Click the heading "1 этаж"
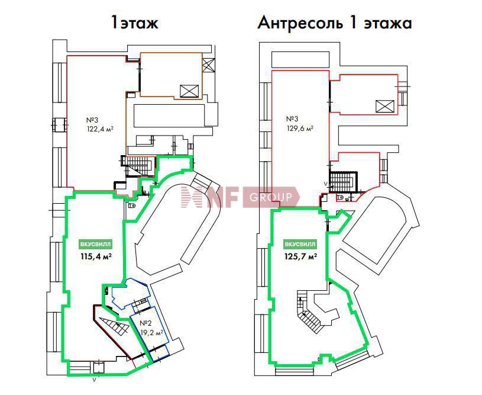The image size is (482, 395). (135, 23)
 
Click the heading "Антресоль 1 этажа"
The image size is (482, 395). (335, 23)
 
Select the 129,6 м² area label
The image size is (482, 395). (300, 129)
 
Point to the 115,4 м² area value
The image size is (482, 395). (96, 256)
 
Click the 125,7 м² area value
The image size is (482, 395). (301, 256)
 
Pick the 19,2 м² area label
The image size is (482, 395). (152, 333)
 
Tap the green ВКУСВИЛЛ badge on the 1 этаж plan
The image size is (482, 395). (96, 245)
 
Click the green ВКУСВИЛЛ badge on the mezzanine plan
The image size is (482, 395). (300, 245)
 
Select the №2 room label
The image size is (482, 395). (145, 323)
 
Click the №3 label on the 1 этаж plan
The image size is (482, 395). (92, 120)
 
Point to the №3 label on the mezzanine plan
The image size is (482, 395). (292, 119)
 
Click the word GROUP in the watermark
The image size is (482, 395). (270, 197)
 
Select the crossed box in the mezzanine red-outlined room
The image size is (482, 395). (385, 107)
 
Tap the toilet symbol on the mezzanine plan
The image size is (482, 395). (340, 197)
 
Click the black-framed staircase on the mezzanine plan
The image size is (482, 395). (344, 182)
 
